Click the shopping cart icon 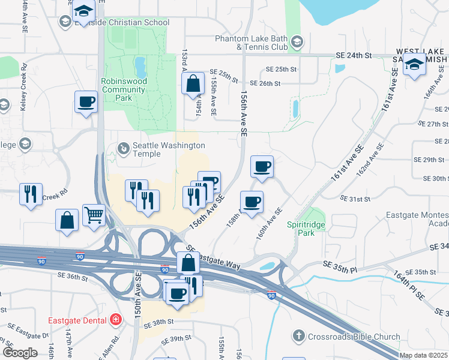[94, 215]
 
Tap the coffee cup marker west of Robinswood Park [86, 101]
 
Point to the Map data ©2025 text [424, 355]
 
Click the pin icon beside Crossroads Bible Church [300, 336]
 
